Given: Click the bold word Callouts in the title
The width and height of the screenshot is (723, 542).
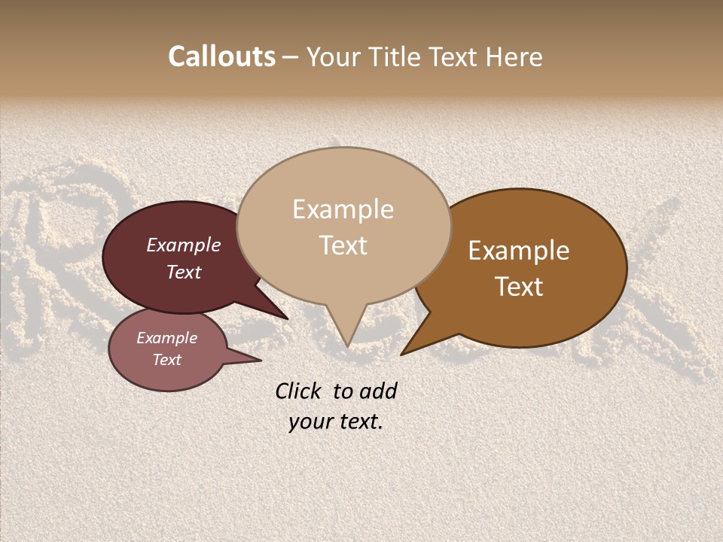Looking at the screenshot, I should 221,56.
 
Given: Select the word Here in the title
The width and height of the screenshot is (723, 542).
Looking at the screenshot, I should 515,57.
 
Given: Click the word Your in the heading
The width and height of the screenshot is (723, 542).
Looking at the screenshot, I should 333,57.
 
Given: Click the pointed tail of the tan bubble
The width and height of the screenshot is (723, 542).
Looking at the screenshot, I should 346,335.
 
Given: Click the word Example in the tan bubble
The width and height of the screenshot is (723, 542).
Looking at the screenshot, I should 343,209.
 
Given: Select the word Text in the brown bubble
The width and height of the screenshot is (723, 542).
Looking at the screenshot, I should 519,287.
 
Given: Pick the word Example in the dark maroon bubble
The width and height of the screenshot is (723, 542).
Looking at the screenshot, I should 184,245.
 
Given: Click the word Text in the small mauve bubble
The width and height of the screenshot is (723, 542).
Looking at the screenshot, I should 167,360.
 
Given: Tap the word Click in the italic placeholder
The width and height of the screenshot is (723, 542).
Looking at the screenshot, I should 297,391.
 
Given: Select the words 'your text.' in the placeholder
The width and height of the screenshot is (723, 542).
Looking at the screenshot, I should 336,422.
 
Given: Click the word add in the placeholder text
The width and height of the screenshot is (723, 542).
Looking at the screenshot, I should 378,391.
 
